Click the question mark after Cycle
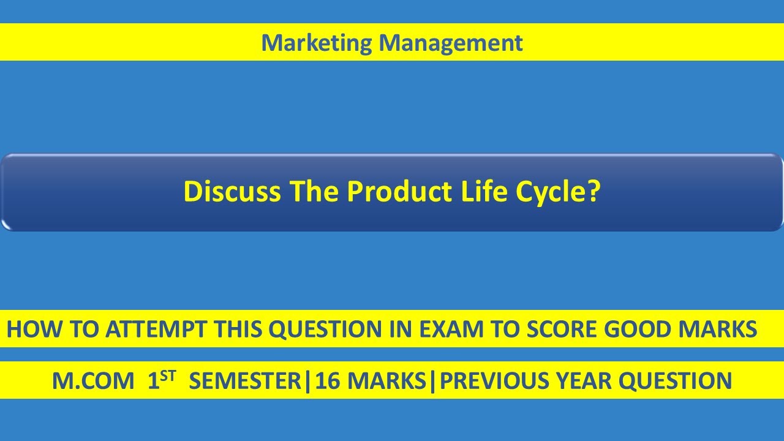592,192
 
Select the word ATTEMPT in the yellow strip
156,330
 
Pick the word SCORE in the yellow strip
564,330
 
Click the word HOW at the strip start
29,330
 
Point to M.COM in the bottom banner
92,382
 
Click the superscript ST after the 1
168,375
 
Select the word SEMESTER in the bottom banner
246,382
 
